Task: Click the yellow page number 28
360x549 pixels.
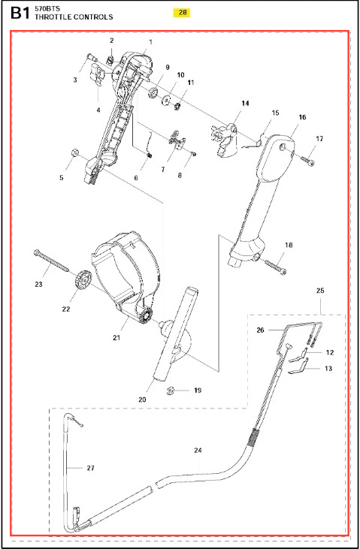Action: pos(183,13)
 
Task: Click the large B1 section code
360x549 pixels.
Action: pos(21,14)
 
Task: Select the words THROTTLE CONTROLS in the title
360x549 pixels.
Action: pos(74,17)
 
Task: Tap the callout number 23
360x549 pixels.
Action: pos(38,284)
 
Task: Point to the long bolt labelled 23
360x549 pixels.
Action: pos(52,261)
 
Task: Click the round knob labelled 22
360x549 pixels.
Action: pos(83,279)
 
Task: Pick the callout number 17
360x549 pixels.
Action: pos(319,139)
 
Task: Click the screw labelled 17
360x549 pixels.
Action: pos(307,160)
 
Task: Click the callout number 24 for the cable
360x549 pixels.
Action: pos(198,451)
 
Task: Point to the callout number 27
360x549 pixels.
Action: pos(90,468)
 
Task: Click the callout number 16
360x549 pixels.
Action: pos(302,117)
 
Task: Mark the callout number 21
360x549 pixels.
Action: pos(116,337)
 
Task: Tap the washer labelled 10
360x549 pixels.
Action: pos(166,100)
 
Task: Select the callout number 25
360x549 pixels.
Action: pos(320,290)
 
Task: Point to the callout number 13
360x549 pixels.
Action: pos(328,368)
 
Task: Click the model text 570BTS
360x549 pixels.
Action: pos(47,9)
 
